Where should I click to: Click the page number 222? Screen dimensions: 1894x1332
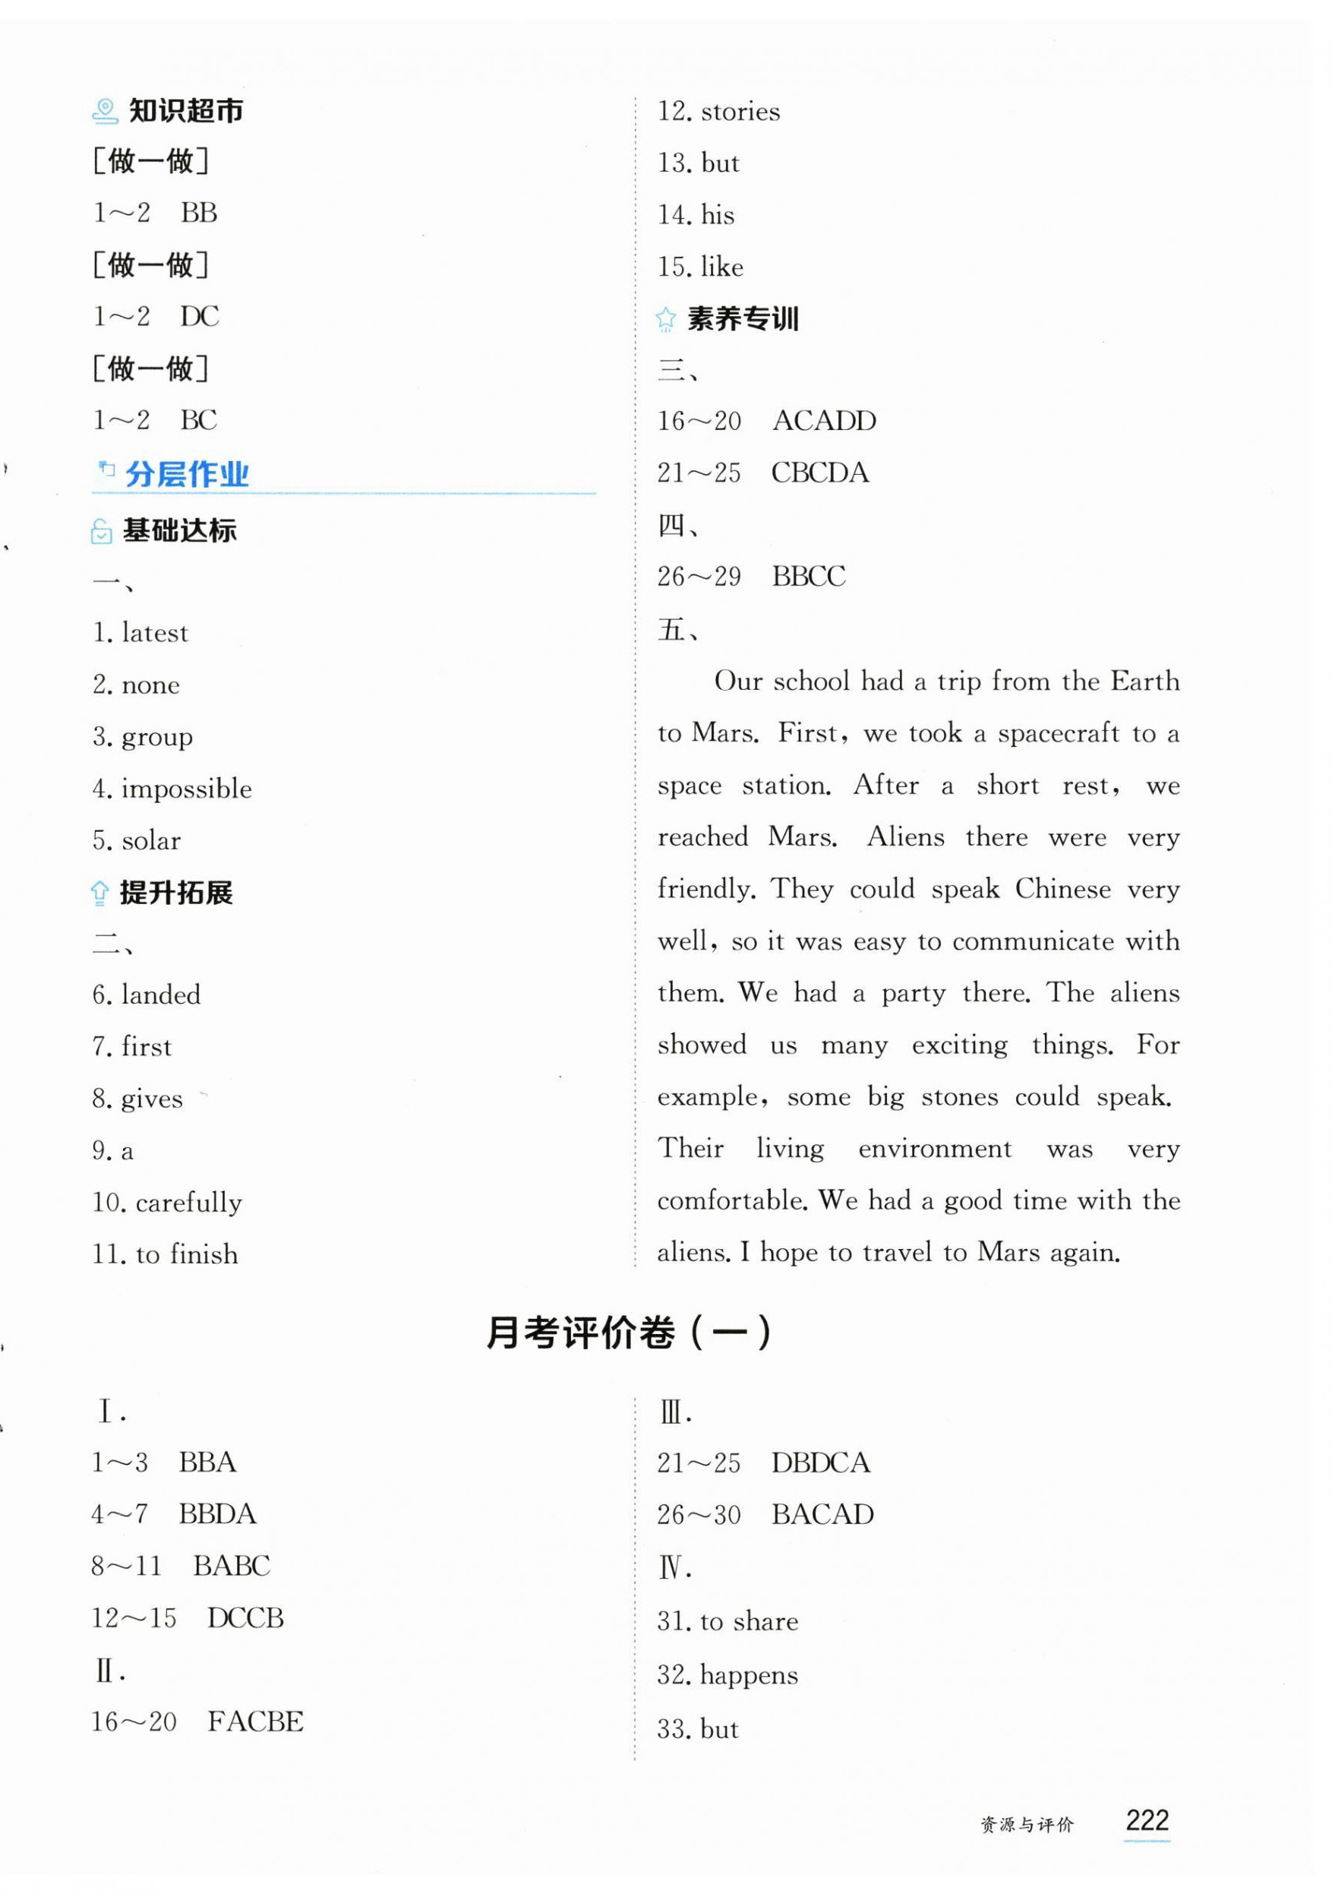[x=1147, y=1820]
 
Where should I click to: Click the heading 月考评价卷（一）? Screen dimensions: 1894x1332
[x=629, y=1333]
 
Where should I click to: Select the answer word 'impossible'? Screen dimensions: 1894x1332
[x=186, y=789]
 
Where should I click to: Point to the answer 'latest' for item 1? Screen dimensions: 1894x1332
[x=155, y=633]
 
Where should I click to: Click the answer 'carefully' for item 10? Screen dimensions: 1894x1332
[x=189, y=1203]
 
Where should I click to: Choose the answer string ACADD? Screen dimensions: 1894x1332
[x=824, y=421]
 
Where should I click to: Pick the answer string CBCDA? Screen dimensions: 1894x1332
[x=820, y=473]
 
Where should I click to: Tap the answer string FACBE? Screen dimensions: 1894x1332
[x=256, y=1722]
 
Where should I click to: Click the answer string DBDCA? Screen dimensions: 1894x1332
[x=821, y=1462]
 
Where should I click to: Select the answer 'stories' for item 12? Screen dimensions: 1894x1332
[x=740, y=112]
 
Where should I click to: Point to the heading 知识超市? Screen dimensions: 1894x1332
[x=185, y=110]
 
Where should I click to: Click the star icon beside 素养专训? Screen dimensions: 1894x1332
[x=665, y=319]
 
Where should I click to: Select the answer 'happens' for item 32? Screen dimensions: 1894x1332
[x=749, y=1675]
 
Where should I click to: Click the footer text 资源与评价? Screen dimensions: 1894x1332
[x=1027, y=1825]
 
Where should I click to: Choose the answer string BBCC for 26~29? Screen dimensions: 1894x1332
[x=808, y=577]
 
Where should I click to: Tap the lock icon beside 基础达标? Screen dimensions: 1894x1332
[x=101, y=532]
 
